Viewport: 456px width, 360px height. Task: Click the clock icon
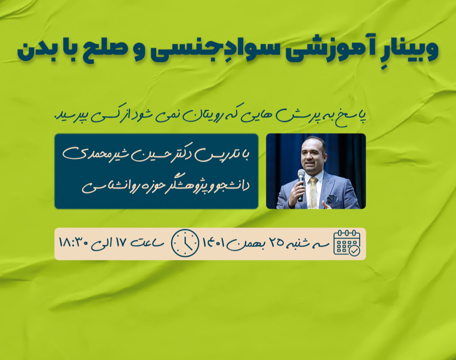pyautogui.click(x=185, y=243)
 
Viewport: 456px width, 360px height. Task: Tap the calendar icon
pyautogui.click(x=347, y=243)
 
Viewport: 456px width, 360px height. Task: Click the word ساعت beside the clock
pyautogui.click(x=147, y=244)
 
